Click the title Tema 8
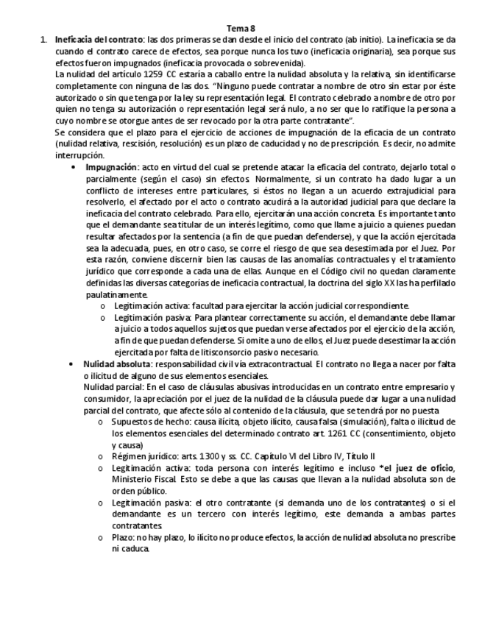click(241, 28)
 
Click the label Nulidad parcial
click(109, 387)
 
